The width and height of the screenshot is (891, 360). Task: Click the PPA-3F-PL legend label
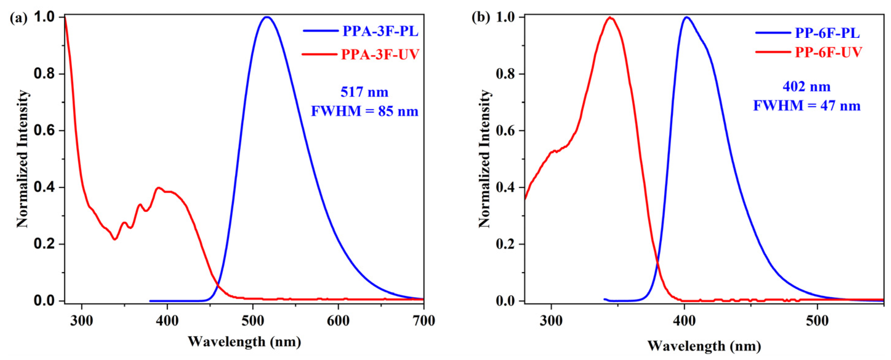point(380,31)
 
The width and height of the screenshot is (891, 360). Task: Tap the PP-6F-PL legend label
point(827,33)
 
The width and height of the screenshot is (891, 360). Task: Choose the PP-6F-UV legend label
point(829,53)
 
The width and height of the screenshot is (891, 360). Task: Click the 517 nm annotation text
point(364,92)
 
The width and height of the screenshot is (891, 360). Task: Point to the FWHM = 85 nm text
point(365,111)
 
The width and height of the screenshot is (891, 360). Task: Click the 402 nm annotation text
point(807,86)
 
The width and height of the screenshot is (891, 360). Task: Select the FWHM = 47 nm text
point(807,106)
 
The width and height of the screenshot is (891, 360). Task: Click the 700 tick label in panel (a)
point(424,321)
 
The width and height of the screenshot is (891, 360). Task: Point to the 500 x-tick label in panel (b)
point(817,321)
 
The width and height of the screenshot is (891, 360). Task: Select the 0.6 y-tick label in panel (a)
point(45,131)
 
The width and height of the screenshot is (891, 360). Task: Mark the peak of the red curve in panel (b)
point(610,17)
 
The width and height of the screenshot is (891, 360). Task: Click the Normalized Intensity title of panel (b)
point(485,159)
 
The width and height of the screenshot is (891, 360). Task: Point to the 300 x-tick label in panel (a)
point(82,321)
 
